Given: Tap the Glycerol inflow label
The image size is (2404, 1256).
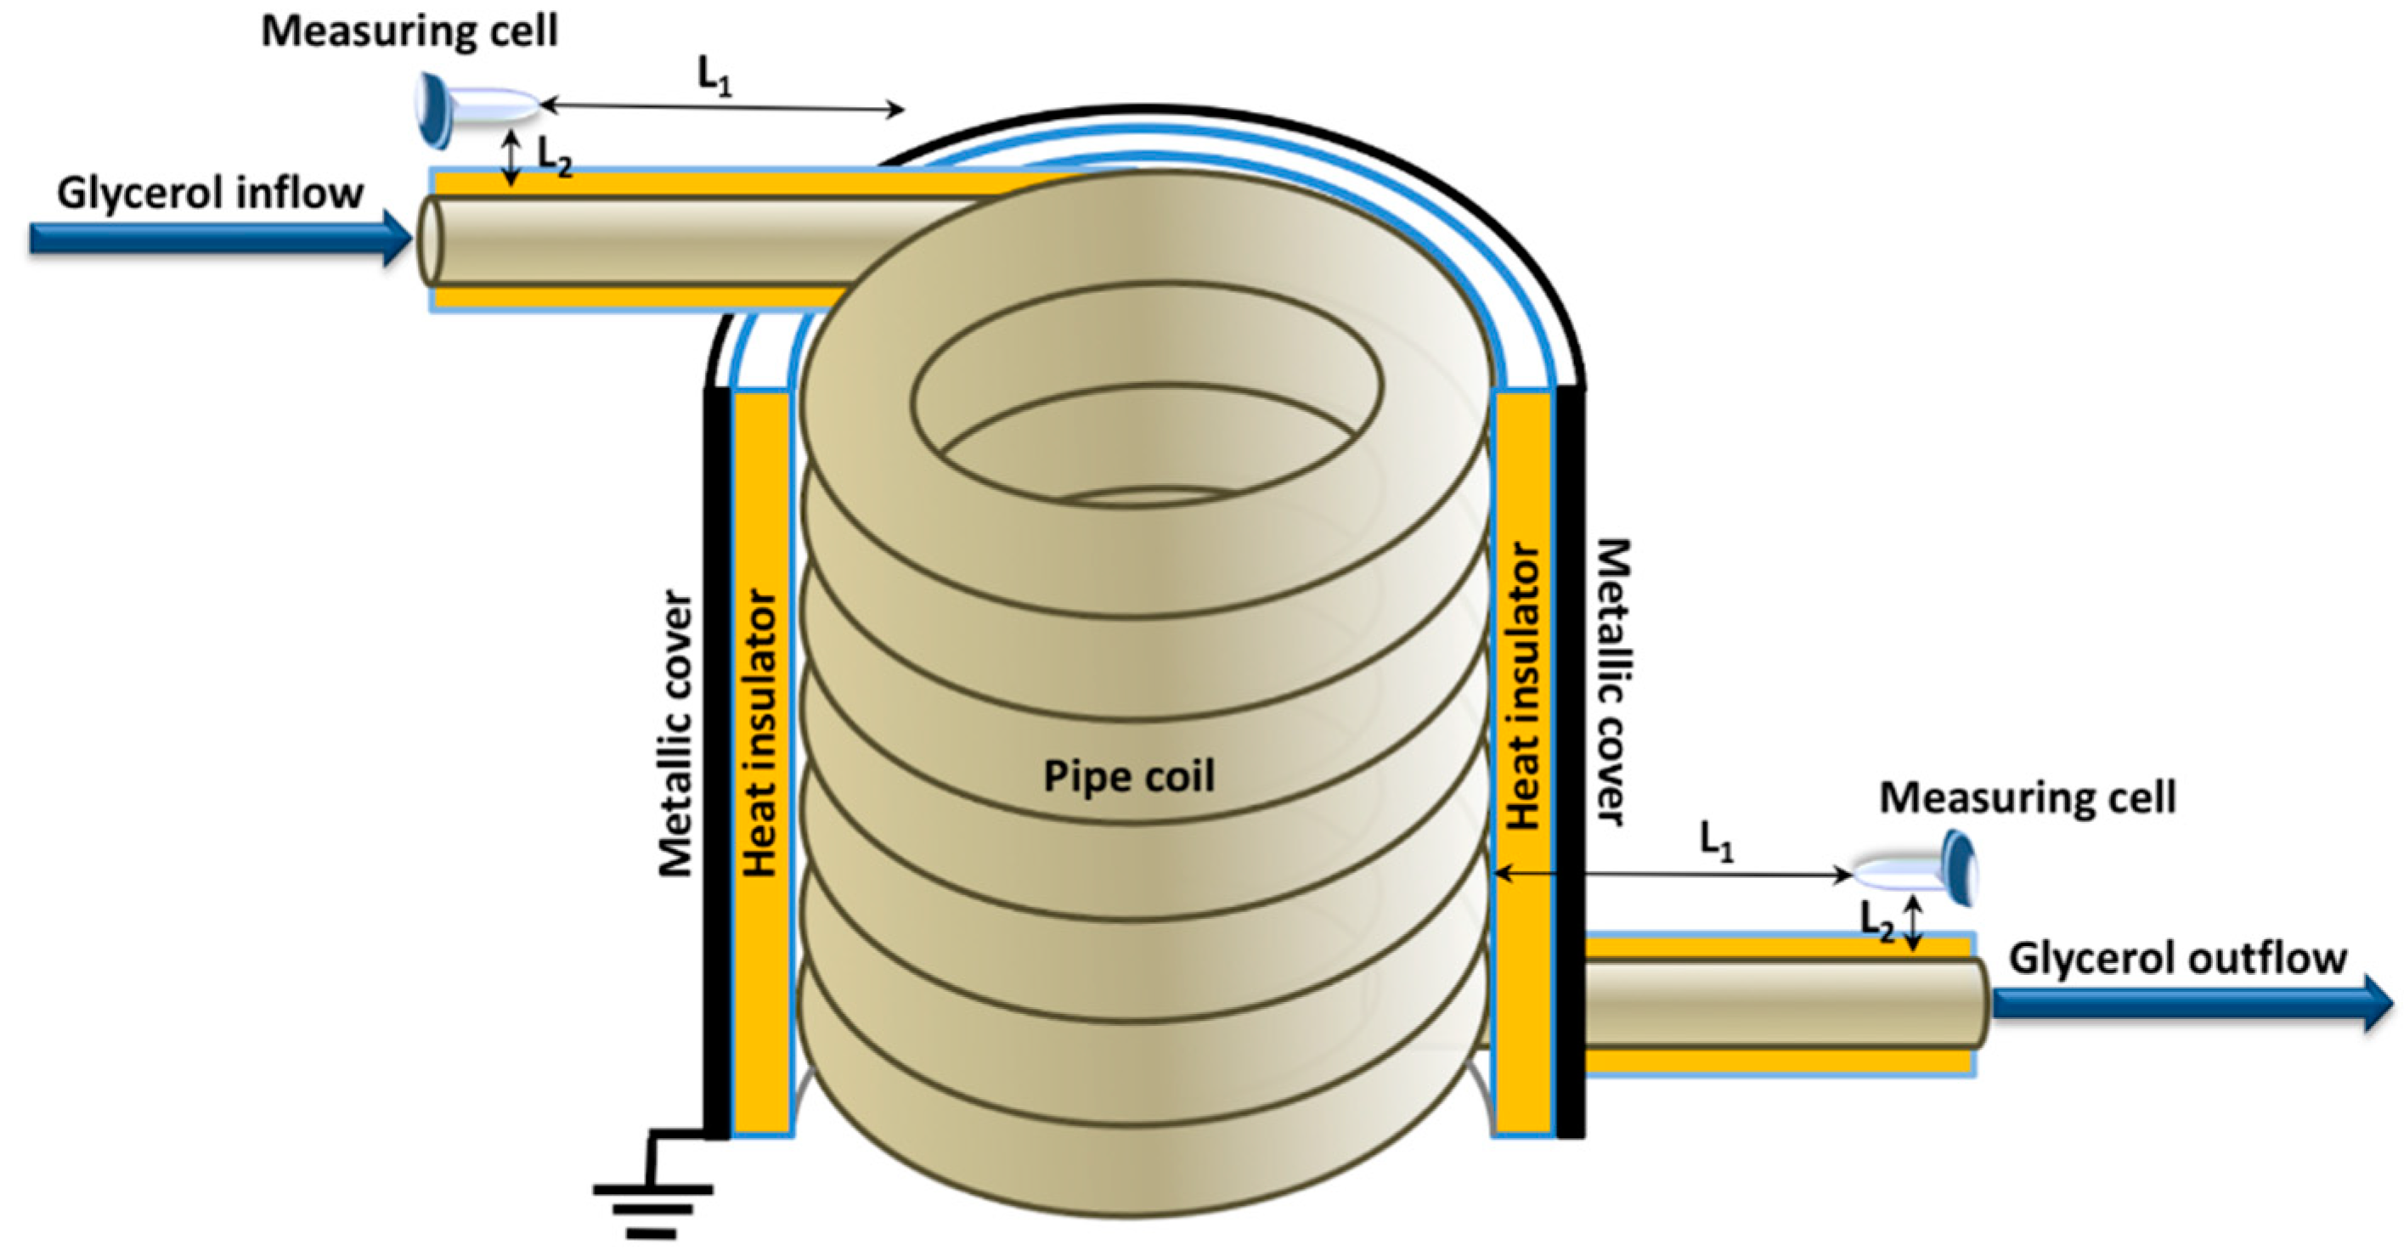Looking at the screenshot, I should (x=210, y=193).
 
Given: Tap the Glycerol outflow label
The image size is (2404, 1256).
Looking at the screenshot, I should (x=2176, y=958).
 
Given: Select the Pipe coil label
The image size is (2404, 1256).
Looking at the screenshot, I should (x=1128, y=776).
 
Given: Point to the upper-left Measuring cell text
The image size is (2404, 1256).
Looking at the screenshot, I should (x=409, y=31).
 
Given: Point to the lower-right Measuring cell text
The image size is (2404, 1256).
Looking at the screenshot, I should (x=2027, y=797).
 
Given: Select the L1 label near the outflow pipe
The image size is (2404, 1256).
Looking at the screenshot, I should (x=1716, y=840).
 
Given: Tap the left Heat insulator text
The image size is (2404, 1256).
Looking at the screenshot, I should (x=759, y=733).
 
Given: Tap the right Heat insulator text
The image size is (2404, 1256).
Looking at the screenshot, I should (x=1523, y=686).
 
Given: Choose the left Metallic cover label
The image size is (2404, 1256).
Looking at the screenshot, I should (x=676, y=733).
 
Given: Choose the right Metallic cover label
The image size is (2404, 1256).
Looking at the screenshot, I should (x=1611, y=681).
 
